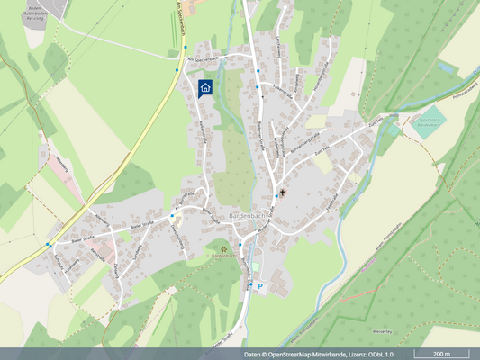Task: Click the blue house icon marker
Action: click(204, 87)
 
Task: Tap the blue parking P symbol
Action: click(260, 286)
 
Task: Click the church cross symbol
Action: click(282, 193)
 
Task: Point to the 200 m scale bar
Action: click(441, 355)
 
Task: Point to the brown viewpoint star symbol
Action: click(222, 247)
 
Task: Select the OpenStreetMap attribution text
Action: click(319, 355)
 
